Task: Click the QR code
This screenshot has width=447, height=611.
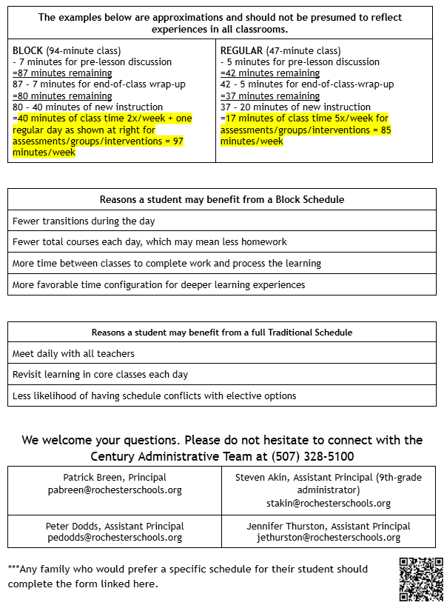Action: point(422,578)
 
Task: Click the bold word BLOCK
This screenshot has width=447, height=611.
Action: point(28,50)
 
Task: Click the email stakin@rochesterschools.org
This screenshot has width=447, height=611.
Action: point(329,504)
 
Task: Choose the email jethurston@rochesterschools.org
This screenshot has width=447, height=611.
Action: point(329,538)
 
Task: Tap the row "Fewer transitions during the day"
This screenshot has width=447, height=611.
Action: point(84,221)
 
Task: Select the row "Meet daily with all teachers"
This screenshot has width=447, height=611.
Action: point(73,354)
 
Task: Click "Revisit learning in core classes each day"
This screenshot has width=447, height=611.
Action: point(100,375)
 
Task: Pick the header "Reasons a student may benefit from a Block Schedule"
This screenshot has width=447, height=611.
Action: point(222,200)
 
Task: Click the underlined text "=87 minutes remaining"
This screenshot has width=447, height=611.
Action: point(62,73)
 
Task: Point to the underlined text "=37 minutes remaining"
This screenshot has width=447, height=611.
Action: point(270,96)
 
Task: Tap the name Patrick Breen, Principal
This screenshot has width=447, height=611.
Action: point(115,478)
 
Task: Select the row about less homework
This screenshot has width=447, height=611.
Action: point(149,242)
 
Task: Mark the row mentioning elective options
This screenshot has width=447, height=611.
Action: point(154,395)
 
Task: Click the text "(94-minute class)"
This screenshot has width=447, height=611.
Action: point(82,50)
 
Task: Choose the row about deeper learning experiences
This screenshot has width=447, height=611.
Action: point(158,284)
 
